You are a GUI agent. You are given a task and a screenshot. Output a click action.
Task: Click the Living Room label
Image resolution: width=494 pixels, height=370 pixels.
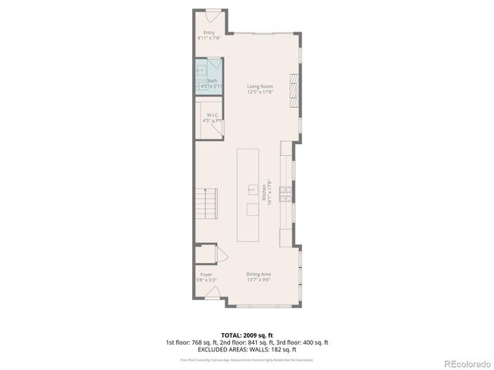260,86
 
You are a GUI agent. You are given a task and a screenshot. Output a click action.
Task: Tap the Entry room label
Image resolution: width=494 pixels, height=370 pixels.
208,32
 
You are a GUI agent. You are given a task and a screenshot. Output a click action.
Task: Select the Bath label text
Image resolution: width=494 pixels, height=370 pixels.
212,80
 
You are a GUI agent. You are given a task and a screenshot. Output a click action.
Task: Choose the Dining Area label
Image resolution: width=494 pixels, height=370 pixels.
259,274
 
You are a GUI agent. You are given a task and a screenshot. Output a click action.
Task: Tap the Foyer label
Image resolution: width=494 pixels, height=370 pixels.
206,274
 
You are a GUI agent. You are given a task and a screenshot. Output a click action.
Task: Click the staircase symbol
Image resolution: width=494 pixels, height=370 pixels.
206,205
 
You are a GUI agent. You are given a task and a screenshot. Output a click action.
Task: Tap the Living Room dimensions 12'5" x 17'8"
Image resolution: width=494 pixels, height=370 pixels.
260,92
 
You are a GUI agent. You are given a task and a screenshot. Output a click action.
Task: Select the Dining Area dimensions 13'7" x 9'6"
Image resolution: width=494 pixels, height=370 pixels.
259,280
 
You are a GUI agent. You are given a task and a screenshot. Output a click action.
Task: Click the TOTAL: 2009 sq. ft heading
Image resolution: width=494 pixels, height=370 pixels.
246,335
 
